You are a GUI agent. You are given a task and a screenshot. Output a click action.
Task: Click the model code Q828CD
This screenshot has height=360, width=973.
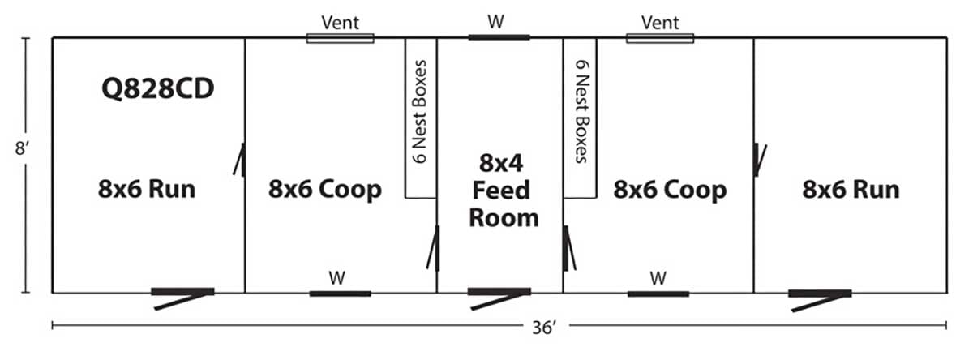157,89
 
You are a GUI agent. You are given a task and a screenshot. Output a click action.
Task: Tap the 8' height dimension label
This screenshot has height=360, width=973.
22,148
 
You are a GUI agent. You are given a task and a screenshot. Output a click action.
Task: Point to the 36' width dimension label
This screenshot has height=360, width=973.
544,328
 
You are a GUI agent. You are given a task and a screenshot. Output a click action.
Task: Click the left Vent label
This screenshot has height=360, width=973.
340,23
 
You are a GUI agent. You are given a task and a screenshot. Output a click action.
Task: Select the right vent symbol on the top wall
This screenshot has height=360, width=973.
660,38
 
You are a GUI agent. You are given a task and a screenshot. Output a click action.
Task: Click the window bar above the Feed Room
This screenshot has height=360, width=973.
499,37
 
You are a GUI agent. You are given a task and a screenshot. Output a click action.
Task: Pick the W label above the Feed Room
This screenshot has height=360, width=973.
495,21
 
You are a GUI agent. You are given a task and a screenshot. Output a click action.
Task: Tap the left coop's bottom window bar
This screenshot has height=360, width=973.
340,294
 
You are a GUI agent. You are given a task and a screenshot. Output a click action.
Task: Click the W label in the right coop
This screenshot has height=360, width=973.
658,278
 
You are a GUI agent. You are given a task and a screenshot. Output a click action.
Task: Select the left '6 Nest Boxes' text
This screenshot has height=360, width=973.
420,112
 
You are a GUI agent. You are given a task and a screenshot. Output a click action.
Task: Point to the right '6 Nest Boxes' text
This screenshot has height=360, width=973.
582,112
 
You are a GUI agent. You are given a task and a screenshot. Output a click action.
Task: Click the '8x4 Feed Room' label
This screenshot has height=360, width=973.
503,191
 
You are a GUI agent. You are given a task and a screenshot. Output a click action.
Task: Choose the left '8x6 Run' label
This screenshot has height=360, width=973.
147,190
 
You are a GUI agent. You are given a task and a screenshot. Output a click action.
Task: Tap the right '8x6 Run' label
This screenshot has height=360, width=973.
851,190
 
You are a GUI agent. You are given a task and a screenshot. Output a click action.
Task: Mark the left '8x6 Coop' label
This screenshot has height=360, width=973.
325,190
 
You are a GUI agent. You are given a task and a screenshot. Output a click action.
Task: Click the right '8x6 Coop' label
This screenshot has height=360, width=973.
670,191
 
